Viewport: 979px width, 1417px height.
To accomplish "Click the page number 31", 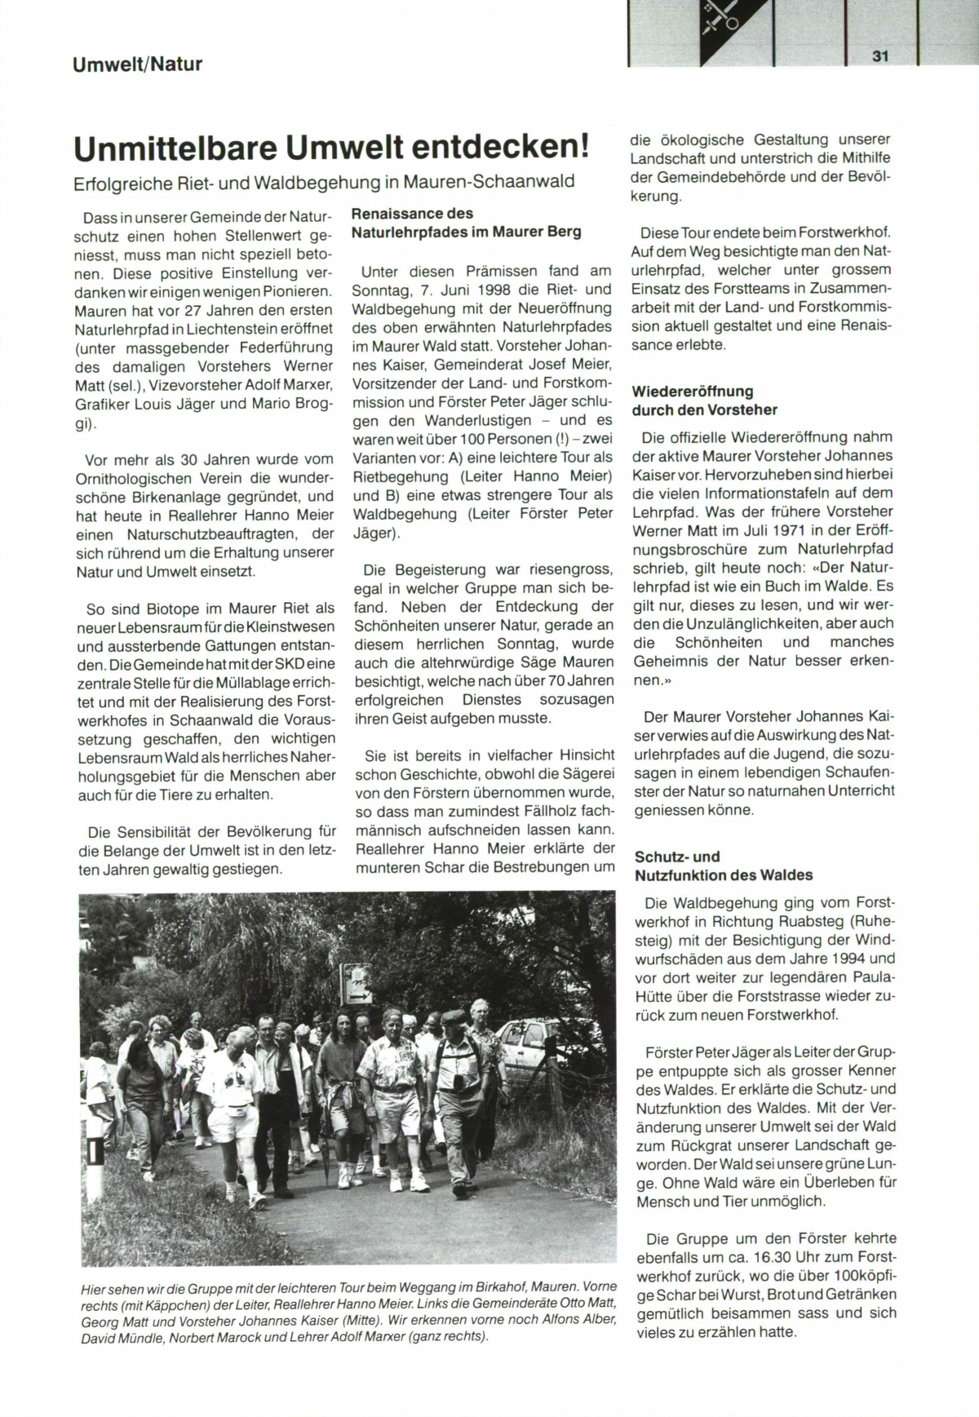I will tap(879, 56).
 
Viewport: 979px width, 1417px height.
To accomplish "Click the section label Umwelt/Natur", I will tap(137, 64).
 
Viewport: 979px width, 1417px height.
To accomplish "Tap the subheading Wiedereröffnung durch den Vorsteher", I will tap(705, 401).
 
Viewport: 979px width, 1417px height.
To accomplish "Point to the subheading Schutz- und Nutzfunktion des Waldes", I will tap(724, 866).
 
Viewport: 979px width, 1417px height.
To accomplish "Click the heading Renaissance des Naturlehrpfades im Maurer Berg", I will tap(466, 223).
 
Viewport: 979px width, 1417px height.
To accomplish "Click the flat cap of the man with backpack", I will tap(454, 1016).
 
